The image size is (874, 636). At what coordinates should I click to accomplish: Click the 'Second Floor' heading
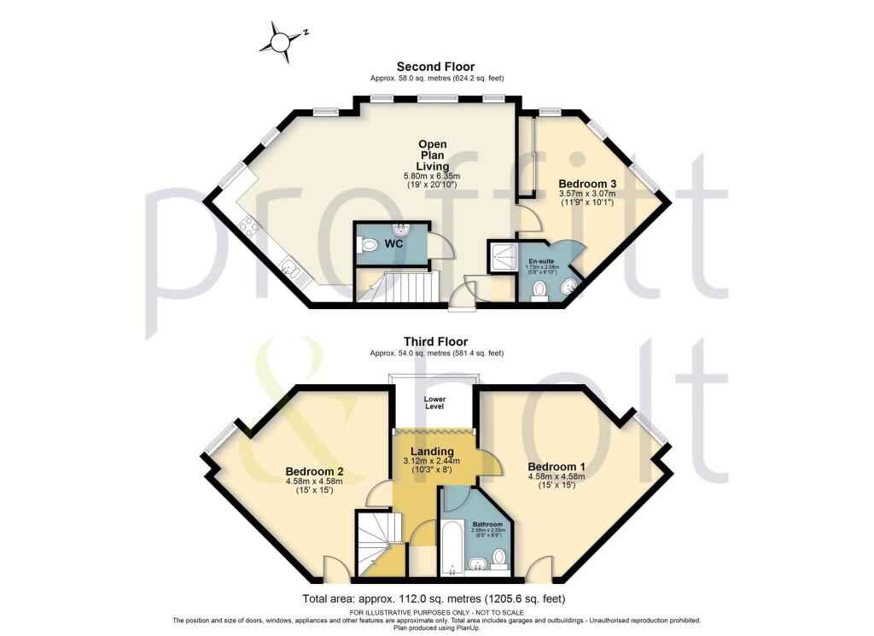pyautogui.click(x=436, y=66)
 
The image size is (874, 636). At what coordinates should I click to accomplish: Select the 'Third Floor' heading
pyautogui.click(x=436, y=341)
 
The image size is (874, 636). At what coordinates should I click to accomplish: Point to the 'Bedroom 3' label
pyautogui.click(x=587, y=184)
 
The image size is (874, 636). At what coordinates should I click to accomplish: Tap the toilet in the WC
pyautogui.click(x=369, y=245)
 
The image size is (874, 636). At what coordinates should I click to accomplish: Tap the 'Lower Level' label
pyautogui.click(x=435, y=402)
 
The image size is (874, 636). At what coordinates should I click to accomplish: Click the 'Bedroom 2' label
pyautogui.click(x=314, y=472)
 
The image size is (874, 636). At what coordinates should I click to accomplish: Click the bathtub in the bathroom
pyautogui.click(x=451, y=546)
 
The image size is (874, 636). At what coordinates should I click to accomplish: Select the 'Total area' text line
pyautogui.click(x=434, y=598)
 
